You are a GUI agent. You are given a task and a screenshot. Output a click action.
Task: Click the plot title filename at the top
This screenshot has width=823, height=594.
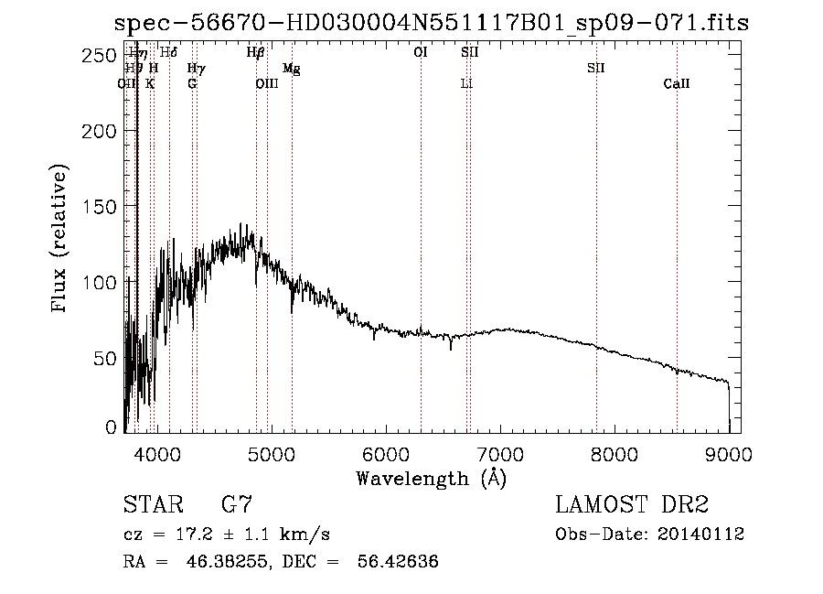[x=431, y=23]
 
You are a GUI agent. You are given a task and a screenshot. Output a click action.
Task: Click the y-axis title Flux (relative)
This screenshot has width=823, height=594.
[x=61, y=240]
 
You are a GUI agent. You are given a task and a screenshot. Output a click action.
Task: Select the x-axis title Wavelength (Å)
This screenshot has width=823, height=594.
[x=431, y=477]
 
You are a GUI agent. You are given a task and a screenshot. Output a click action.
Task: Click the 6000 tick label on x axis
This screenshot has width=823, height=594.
[x=386, y=452]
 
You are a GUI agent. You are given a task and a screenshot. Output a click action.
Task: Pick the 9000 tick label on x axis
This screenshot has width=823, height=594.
[x=729, y=452]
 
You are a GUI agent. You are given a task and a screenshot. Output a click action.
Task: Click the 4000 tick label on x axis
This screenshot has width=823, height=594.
[x=157, y=452]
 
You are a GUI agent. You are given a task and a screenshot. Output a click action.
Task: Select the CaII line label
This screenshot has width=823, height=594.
[x=677, y=84]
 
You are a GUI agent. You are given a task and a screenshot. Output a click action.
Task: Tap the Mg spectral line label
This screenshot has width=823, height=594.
[x=291, y=69]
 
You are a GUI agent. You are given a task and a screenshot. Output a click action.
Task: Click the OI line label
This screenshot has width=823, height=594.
[x=421, y=53]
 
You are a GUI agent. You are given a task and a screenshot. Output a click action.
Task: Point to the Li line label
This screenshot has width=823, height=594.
[x=466, y=84]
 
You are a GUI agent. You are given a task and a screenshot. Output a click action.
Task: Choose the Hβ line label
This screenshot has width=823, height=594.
[x=256, y=53]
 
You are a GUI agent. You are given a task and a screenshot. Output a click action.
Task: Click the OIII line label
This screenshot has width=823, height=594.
[x=266, y=84]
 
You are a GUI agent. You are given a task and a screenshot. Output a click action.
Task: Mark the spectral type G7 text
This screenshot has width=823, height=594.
[x=237, y=505]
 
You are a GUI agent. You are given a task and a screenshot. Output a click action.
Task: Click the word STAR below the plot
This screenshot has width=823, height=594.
[x=152, y=505]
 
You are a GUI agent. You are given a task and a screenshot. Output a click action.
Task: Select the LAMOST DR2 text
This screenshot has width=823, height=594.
[x=632, y=505]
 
